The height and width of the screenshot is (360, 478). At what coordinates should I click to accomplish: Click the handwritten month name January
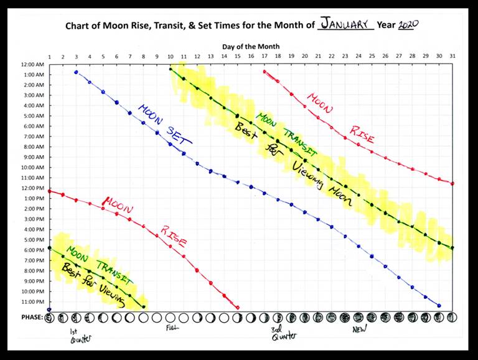(346, 25)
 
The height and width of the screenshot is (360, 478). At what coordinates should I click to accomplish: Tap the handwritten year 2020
(408, 25)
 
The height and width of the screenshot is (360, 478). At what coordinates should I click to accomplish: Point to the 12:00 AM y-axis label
(32, 65)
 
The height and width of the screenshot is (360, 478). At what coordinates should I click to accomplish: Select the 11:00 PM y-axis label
(32, 302)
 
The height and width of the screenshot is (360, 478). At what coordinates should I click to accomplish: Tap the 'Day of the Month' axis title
(251, 47)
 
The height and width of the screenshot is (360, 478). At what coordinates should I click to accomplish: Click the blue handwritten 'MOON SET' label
(165, 123)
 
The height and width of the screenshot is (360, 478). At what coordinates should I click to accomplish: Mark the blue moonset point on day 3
(76, 72)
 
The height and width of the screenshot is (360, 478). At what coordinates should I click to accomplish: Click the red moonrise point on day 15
(238, 307)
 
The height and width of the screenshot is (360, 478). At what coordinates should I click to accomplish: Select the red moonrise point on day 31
(452, 184)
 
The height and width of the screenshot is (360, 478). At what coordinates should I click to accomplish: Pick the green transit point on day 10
(171, 69)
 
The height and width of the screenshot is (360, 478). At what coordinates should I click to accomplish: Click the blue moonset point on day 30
(439, 305)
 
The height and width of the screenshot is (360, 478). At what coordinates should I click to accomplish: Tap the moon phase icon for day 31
(452, 318)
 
